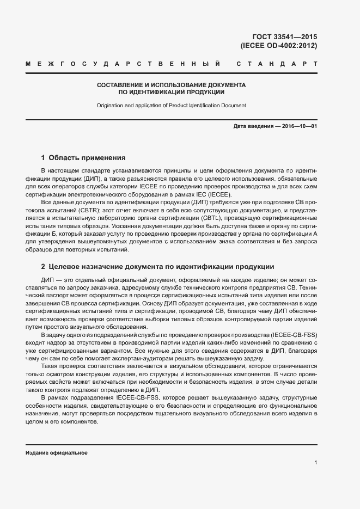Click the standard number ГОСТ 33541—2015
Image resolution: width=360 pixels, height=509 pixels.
coord(289,37)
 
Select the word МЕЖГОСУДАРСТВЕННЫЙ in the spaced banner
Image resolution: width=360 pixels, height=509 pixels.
coord(123,65)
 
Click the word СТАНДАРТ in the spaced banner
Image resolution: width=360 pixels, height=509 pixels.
coord(277,65)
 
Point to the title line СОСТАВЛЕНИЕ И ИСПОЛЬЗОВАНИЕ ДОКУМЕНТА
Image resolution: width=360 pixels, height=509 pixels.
coord(171,85)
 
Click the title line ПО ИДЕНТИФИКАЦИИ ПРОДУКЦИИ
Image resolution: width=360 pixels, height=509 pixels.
coord(171,93)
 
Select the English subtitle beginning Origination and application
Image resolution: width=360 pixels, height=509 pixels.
coord(171,105)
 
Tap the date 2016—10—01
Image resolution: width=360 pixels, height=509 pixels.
coord(298,127)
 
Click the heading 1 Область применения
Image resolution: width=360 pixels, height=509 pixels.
coord(83,158)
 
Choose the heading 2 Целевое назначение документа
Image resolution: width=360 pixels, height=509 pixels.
coord(157,267)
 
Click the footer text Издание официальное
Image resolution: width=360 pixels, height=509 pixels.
coord(56,453)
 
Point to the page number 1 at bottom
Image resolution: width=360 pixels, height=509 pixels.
coord(315,463)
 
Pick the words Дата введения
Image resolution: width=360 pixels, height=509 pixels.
coord(253,127)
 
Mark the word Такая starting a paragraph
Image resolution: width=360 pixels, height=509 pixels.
coord(50,366)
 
